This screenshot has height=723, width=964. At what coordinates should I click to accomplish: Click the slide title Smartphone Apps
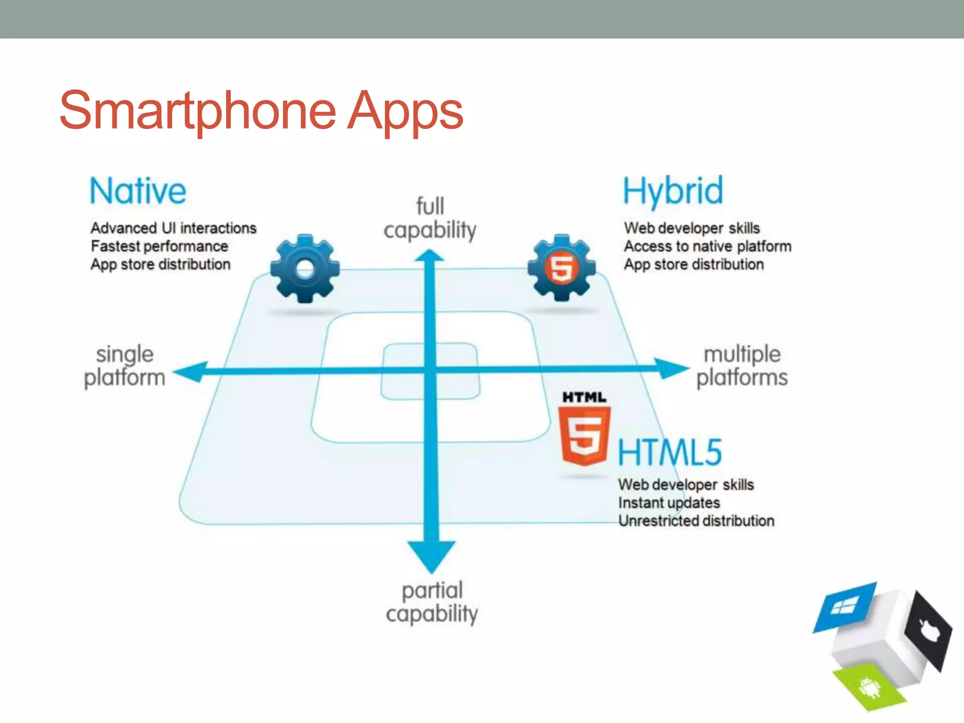point(261,111)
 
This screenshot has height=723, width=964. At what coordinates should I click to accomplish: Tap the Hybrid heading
point(673,191)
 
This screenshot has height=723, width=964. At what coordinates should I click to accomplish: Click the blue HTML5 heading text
point(669,452)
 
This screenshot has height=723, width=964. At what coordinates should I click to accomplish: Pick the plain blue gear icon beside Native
point(305,268)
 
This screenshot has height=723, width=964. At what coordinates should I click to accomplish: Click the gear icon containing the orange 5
point(562,267)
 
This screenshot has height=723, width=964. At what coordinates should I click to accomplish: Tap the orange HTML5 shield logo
point(584,435)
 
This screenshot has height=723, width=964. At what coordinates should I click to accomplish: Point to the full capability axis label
point(430,218)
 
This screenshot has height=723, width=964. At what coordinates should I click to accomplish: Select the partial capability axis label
point(432,602)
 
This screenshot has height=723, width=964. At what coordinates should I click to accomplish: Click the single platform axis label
point(125,366)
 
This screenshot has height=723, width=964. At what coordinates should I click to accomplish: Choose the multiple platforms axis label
point(742,366)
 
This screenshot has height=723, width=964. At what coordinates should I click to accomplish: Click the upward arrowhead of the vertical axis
point(429,256)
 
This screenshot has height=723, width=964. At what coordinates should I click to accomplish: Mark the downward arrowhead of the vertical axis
point(431,555)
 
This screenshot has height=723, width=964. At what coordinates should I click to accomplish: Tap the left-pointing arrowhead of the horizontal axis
point(191,372)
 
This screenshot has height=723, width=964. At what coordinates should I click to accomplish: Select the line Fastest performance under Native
point(159,246)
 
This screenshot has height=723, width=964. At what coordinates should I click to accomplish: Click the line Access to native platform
point(707,246)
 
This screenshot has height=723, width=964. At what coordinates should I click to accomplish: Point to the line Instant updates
point(669,503)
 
